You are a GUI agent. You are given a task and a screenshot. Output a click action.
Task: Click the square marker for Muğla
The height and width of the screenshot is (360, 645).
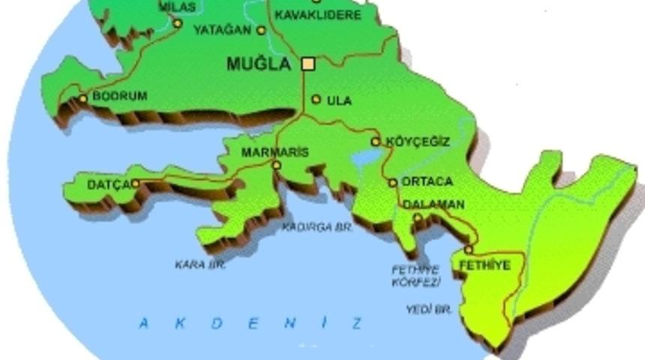(x=307, y=64)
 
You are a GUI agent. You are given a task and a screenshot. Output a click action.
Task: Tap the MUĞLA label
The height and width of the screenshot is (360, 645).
(x=258, y=64)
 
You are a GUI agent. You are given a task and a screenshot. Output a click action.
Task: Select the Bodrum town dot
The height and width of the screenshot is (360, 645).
(x=83, y=98)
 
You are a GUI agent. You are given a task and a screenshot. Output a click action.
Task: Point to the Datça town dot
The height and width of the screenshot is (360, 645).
(x=136, y=184)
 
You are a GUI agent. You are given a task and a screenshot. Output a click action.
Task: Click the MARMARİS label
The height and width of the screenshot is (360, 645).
(x=274, y=152)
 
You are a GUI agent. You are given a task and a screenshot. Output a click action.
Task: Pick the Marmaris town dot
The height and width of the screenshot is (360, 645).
(x=277, y=165)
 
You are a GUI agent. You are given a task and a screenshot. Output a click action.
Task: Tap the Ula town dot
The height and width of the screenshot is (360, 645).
(x=316, y=99)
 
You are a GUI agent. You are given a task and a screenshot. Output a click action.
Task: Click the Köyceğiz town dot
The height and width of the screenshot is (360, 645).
(x=376, y=142)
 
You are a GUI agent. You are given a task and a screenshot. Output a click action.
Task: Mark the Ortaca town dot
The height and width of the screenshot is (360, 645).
(x=392, y=182)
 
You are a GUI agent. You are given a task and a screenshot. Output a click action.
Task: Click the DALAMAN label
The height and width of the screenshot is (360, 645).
(x=433, y=204)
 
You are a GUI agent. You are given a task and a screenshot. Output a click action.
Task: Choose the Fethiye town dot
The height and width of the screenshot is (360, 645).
(x=469, y=250)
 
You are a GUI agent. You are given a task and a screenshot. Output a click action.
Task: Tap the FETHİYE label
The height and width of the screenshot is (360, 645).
(x=484, y=265)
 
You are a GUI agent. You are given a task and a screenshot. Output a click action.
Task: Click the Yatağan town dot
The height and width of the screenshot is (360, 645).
(x=261, y=31)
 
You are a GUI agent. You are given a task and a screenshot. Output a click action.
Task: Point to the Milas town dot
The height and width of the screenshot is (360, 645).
(x=178, y=23)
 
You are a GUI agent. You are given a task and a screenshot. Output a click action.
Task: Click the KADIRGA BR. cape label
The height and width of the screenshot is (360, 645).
(x=317, y=226)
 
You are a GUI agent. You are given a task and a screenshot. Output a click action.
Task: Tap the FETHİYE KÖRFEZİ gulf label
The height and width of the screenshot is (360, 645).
(x=415, y=276)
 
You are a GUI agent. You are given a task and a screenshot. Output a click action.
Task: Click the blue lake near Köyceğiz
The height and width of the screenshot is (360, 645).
(x=367, y=159)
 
